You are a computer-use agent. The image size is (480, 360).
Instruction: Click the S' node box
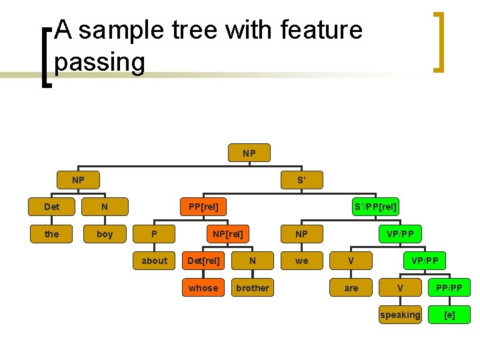click(301, 180)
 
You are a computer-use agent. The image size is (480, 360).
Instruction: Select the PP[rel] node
click(203, 207)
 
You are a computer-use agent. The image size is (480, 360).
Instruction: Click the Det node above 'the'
click(51, 207)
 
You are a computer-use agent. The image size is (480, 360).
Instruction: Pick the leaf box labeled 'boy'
click(105, 234)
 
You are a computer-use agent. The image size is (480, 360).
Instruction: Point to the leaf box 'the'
click(51, 234)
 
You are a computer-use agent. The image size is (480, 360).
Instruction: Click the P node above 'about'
click(154, 234)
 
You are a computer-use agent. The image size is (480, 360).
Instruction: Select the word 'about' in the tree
click(154, 261)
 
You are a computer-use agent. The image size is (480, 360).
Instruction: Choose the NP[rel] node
click(228, 234)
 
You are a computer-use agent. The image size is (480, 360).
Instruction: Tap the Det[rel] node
click(203, 261)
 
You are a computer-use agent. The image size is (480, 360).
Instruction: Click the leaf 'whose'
click(203, 288)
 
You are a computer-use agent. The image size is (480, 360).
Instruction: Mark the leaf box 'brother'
click(253, 288)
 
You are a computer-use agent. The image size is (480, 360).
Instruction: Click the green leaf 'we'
click(302, 261)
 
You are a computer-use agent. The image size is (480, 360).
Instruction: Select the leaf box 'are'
click(351, 288)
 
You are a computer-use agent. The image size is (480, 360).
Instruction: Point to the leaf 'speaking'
click(400, 315)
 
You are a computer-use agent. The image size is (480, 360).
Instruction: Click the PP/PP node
click(450, 288)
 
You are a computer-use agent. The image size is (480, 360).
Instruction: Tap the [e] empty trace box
click(450, 315)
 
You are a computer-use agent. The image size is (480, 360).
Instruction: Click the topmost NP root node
click(249, 153)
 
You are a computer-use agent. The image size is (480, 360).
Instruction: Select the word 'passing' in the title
click(100, 62)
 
